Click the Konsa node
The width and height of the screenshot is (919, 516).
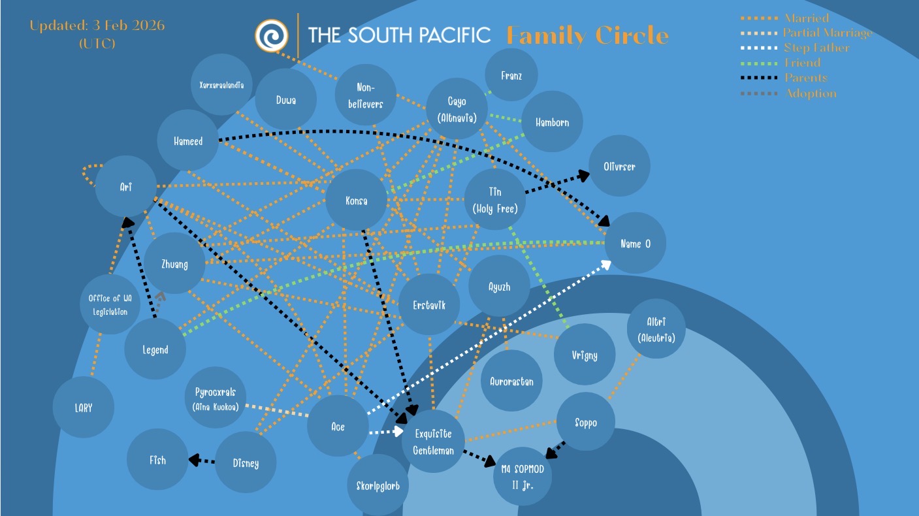click(x=357, y=201)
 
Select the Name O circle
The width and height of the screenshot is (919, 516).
click(x=636, y=244)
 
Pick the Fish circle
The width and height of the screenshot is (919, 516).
click(x=157, y=460)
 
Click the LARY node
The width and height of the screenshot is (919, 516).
click(x=84, y=408)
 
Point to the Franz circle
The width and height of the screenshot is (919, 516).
click(x=511, y=76)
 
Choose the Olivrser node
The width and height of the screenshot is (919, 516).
click(x=619, y=166)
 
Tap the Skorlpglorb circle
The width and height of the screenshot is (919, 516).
click(x=378, y=485)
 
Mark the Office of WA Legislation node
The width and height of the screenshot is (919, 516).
click(x=110, y=304)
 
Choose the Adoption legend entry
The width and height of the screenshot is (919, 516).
click(x=810, y=93)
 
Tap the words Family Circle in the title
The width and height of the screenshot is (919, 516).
click(x=588, y=35)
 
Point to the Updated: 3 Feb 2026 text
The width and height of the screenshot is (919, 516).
click(x=97, y=26)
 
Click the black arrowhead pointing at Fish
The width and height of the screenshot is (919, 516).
click(x=194, y=460)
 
